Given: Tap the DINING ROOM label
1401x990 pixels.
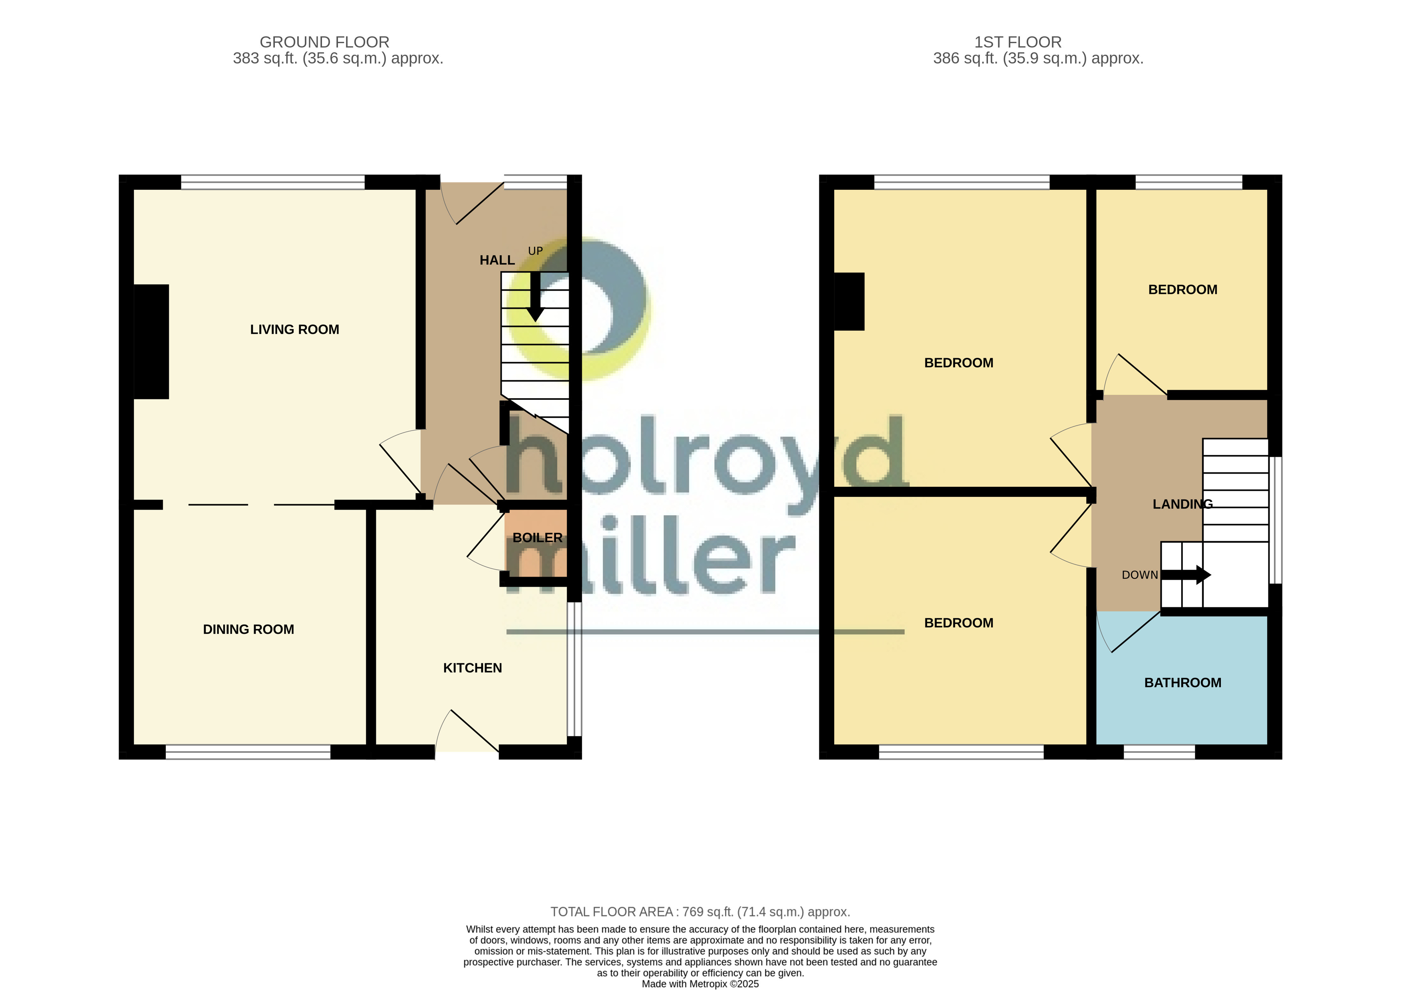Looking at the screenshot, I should point(248,629).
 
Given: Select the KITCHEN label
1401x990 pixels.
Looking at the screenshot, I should point(472,668).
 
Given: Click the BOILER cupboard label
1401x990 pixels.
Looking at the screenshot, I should point(537,538).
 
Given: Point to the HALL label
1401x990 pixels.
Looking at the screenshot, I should point(497,260).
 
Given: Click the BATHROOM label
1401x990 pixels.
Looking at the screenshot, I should point(1182,682).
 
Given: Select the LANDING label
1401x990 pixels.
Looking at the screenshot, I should point(1182,504).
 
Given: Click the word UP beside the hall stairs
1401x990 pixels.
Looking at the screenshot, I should point(535,251).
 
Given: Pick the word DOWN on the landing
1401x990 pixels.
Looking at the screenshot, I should point(1139,575).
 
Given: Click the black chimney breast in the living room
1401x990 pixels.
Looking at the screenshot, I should point(151,341).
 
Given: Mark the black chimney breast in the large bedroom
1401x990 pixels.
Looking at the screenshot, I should point(849,302).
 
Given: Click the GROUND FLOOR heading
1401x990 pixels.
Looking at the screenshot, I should point(324,42).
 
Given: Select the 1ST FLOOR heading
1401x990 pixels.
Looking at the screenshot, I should point(1017,42).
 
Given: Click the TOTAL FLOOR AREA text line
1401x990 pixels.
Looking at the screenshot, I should point(700,912).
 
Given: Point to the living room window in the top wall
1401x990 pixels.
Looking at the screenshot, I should point(273,182).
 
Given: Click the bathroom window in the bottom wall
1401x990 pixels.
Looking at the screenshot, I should point(1159,752).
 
